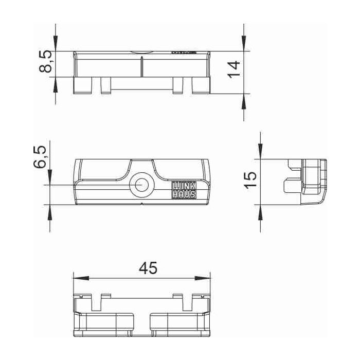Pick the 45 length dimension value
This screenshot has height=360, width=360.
(149, 268)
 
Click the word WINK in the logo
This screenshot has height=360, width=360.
(183, 186)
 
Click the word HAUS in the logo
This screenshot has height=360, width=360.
(183, 194)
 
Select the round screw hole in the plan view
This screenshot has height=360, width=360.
(141, 185)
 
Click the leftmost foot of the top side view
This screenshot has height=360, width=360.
(83, 85)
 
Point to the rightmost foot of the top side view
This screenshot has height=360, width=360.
(201, 85)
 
